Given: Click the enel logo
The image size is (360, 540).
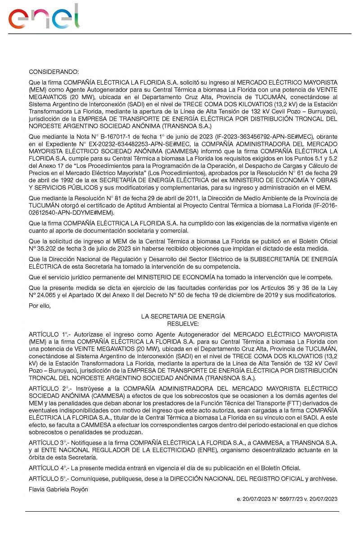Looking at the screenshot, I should point(44,17).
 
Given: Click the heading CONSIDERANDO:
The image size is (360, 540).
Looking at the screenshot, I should point(54,72).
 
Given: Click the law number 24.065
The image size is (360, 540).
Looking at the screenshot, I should point(45,296).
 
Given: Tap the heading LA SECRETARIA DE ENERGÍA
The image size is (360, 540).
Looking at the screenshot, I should point(183,317).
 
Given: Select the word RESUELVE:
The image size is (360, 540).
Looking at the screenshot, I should point(183,323).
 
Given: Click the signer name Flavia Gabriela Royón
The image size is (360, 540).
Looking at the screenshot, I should point(58,489).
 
